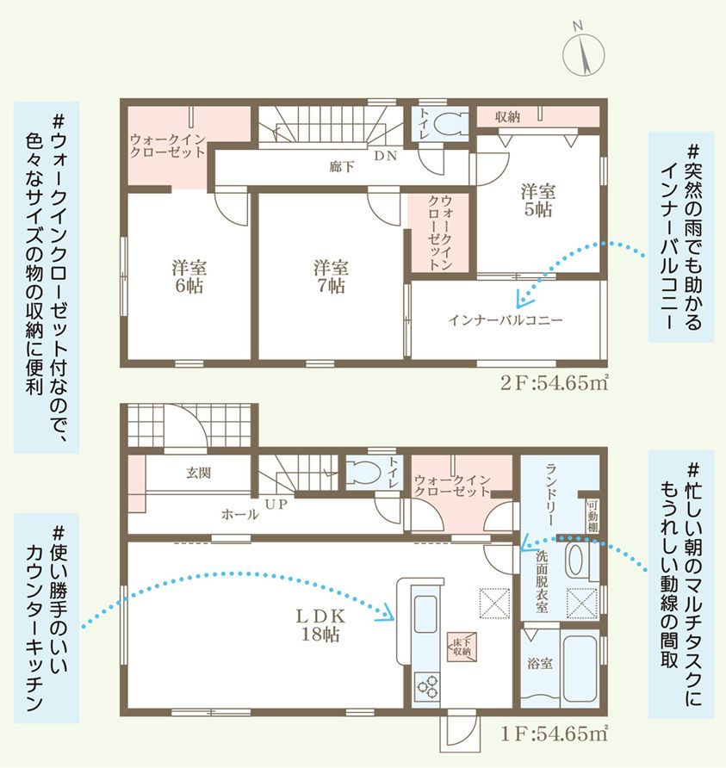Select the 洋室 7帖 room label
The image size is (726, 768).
coord(330,276)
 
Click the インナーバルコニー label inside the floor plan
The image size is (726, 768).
coord(506,320)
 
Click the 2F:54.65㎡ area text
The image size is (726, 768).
coord(554,383)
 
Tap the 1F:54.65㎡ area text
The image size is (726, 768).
coord(554,734)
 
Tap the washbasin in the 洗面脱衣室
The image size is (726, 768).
coord(575,564)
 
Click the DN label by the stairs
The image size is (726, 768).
coord(385,156)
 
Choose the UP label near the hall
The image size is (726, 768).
coord(276,503)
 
